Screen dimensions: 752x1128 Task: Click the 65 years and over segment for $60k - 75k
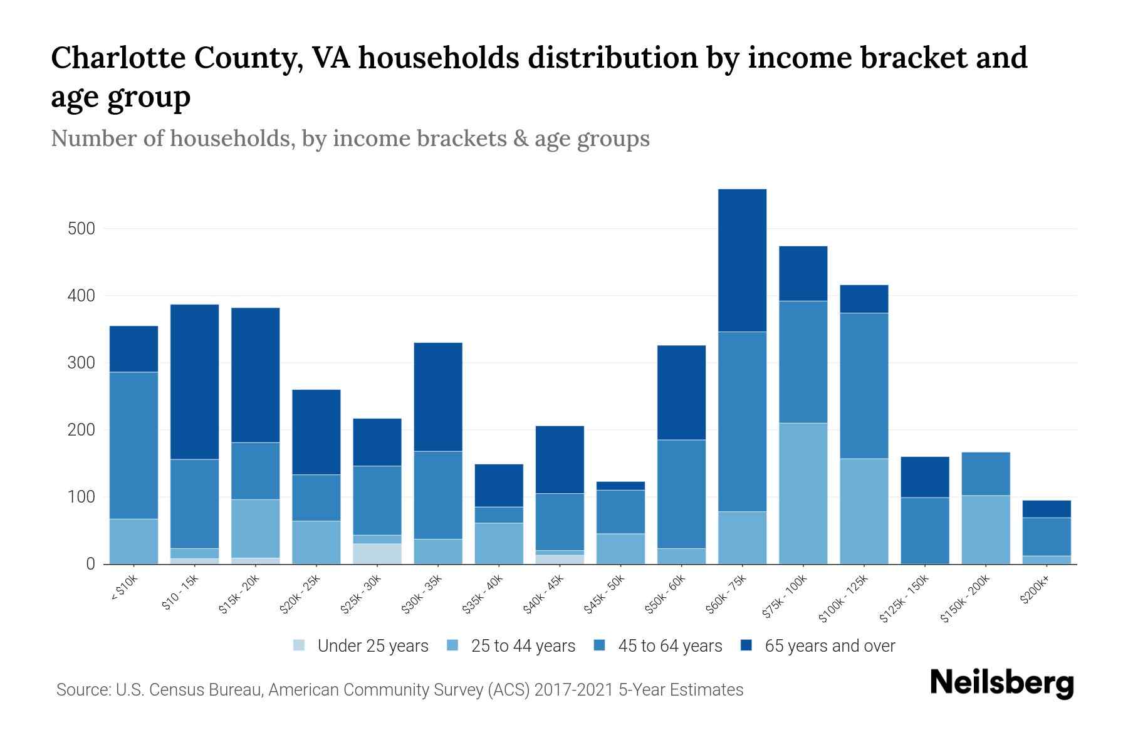point(742,260)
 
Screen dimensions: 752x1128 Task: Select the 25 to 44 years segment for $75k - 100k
point(803,493)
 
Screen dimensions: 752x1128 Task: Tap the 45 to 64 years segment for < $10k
point(133,445)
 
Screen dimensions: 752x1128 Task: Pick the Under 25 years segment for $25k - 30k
point(377,553)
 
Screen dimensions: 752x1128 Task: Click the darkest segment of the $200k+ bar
point(1047,509)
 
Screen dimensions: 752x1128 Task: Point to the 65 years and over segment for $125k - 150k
point(925,477)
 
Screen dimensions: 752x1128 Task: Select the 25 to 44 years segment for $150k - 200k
point(986,530)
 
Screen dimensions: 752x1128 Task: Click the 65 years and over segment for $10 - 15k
point(194,382)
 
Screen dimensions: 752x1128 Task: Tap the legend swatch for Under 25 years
point(300,645)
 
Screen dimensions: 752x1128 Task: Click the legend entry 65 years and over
point(829,645)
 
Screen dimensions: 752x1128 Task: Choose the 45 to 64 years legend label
point(669,645)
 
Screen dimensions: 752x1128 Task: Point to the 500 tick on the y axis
point(81,229)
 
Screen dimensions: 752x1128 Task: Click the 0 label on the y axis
point(90,564)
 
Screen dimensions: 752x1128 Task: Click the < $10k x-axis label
point(123,589)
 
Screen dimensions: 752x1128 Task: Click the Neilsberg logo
point(1001,683)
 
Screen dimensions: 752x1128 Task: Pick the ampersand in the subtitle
point(520,138)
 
